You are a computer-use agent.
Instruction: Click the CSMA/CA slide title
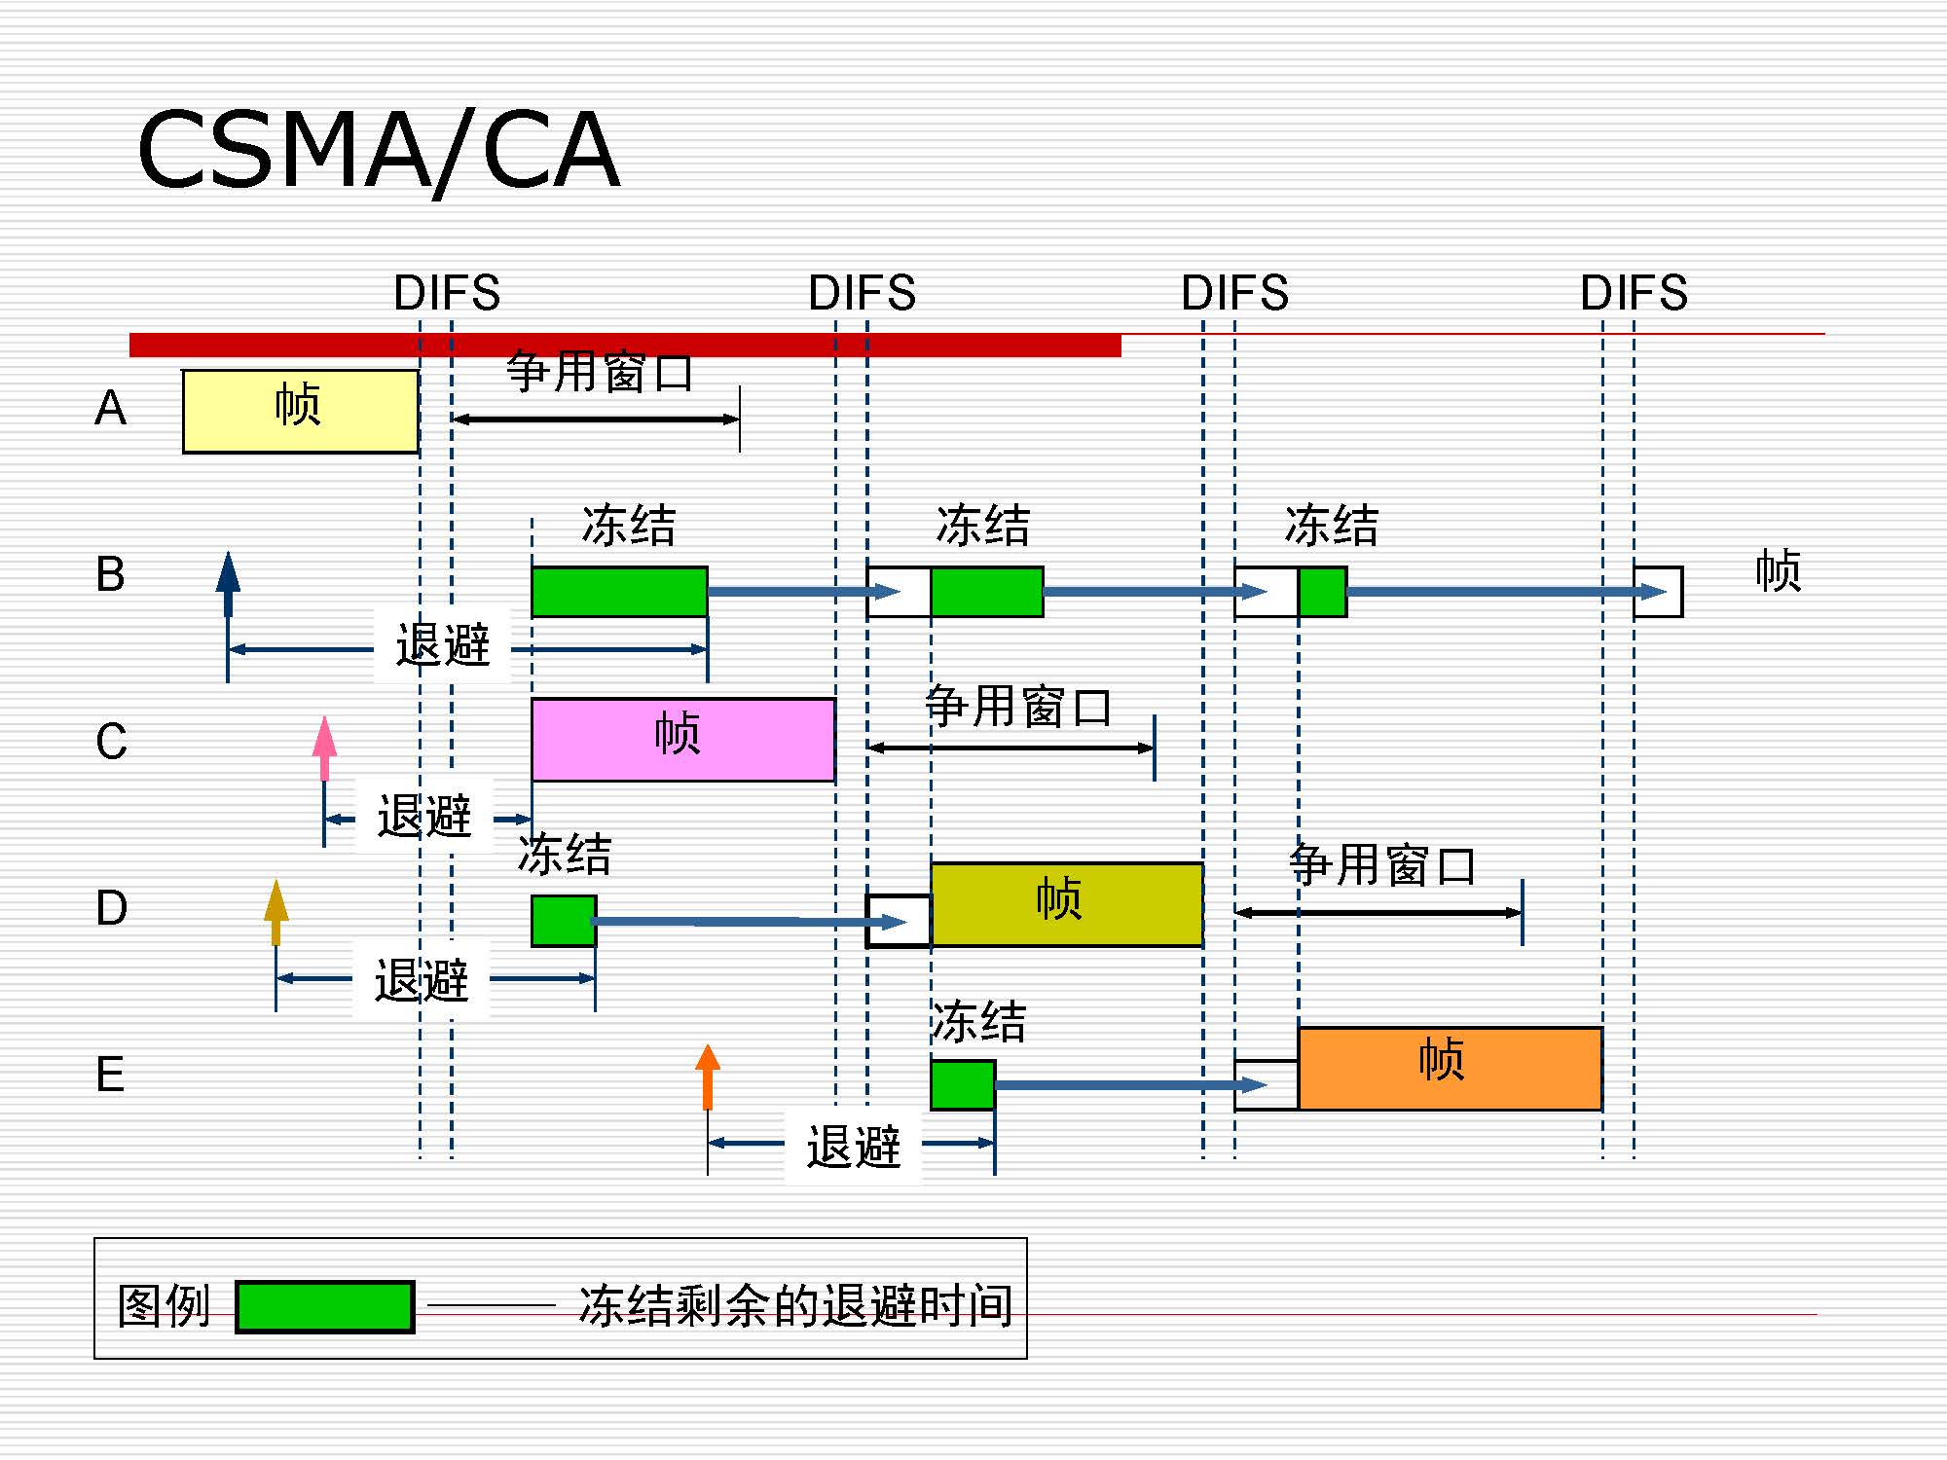point(378,151)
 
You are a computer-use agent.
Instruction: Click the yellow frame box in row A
point(300,411)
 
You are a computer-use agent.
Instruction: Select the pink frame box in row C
point(682,739)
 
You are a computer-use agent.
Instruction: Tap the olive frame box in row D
point(1066,903)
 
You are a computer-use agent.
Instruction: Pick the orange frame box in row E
point(1450,1068)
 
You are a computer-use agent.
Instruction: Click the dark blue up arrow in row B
point(228,584)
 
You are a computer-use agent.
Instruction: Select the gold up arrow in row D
point(276,912)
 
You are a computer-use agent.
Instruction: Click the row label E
point(110,1075)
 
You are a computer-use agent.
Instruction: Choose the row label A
point(110,407)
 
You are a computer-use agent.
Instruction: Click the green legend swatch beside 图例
point(324,1306)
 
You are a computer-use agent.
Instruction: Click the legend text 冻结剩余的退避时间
point(795,1305)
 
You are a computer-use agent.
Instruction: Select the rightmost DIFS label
point(1634,293)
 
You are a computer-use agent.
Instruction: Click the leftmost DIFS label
point(447,293)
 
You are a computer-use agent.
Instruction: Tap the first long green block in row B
point(619,592)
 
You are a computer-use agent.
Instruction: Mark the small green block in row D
point(563,921)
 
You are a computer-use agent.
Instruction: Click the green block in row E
point(962,1084)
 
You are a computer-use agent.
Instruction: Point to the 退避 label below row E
point(853,1147)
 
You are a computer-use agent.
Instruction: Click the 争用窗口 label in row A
point(600,372)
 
